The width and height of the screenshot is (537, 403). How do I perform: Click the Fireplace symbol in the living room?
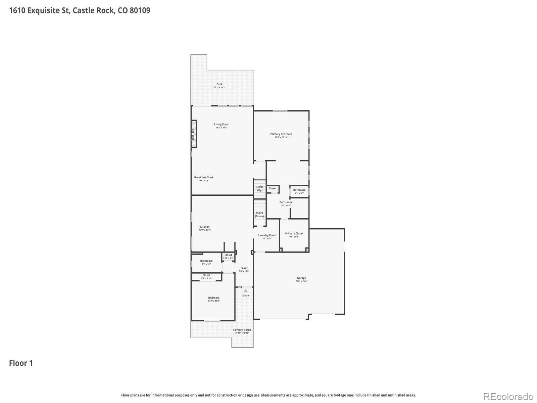tap(194, 134)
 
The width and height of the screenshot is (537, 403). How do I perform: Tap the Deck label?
tap(219, 84)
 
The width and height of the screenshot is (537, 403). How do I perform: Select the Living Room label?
tap(222, 125)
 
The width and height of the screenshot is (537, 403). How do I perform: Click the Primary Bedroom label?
tap(281, 134)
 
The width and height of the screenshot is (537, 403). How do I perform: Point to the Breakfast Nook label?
tap(204, 178)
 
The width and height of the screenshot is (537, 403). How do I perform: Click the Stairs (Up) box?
tap(259, 188)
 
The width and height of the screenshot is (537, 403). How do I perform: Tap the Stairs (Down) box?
tap(259, 214)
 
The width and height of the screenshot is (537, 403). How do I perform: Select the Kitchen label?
tap(205, 227)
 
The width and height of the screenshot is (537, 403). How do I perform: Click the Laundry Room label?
tap(267, 235)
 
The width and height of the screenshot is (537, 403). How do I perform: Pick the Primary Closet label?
tap(294, 234)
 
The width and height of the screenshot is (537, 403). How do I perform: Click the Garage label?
tap(301, 278)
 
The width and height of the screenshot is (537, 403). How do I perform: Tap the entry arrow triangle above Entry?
tap(246, 290)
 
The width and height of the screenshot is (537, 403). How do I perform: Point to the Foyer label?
tap(244, 268)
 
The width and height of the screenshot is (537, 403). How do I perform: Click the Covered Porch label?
tap(242, 330)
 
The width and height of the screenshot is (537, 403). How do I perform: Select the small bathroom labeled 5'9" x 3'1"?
tap(299, 191)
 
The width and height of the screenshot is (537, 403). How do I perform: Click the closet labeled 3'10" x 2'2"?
tap(228, 257)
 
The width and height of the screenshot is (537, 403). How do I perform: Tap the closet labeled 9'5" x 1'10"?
tap(206, 277)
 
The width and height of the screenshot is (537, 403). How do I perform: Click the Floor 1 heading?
tap(21, 363)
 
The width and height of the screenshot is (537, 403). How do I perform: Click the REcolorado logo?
tap(508, 397)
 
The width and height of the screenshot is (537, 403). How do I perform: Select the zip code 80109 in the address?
tap(140, 10)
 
